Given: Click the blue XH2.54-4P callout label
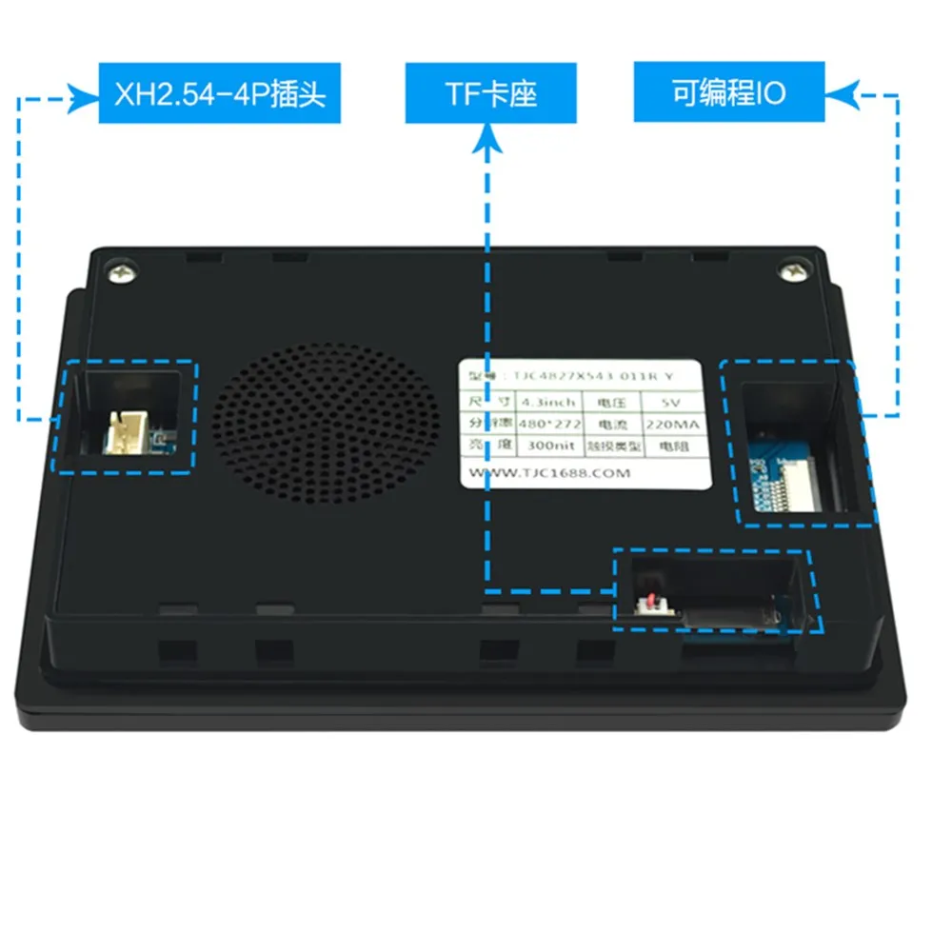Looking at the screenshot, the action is pos(219,93).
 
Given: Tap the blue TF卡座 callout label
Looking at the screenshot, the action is pos(490,93).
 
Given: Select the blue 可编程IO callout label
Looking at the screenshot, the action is pos(729,93).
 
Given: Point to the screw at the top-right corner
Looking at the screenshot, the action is pos(792,273).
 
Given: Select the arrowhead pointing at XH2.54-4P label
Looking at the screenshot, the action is pos(85,94).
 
